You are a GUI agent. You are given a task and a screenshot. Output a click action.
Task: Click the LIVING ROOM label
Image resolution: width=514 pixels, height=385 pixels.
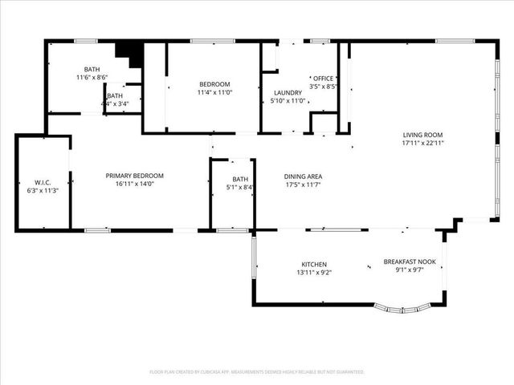(422, 135)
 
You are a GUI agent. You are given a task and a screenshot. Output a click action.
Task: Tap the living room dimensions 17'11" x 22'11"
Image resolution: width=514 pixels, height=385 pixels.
(422, 143)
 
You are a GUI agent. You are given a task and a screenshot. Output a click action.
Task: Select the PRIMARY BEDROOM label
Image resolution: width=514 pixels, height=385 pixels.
(134, 176)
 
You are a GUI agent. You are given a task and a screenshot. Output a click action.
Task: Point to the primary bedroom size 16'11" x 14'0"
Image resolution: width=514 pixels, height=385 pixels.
(134, 184)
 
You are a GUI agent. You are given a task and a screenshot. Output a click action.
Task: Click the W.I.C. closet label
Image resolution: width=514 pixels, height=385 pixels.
(43, 182)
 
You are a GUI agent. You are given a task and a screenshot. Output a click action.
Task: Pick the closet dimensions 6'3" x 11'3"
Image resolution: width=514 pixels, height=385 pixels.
(43, 190)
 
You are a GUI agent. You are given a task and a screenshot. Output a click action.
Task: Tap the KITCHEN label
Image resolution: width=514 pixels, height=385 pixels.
(315, 264)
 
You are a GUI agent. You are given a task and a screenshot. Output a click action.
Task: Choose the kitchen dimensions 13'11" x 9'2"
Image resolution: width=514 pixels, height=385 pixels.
(315, 272)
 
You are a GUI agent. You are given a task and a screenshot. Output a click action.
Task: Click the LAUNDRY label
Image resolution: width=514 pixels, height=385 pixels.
(287, 93)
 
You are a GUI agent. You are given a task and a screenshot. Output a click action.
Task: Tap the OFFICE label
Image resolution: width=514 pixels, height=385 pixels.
(323, 78)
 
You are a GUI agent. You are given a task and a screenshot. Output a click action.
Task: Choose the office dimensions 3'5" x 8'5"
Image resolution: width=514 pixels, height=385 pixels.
(323, 86)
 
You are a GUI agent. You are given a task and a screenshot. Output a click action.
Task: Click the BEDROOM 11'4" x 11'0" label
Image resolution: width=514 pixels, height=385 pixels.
(214, 88)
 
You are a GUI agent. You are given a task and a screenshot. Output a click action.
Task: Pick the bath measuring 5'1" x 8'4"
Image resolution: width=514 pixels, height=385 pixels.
(240, 183)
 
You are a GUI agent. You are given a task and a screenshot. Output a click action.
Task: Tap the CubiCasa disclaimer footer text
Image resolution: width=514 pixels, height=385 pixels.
(257, 372)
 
